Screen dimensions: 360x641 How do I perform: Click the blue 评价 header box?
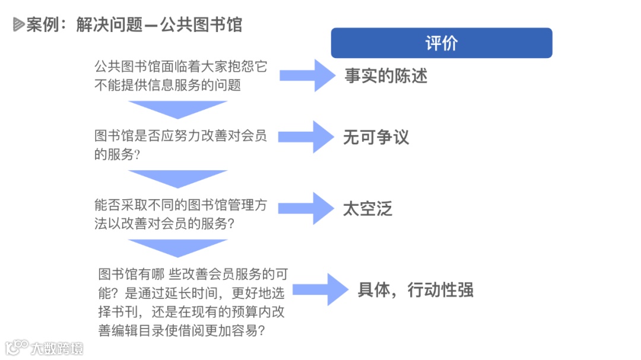(x=441, y=43)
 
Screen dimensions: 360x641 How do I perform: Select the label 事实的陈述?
(x=386, y=76)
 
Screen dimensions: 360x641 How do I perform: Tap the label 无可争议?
(x=376, y=138)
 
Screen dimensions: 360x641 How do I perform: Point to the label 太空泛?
(x=367, y=209)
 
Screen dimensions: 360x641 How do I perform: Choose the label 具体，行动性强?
(x=415, y=290)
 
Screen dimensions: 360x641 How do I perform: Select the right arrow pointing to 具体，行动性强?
(x=320, y=289)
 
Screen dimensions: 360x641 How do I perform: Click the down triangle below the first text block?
(x=178, y=109)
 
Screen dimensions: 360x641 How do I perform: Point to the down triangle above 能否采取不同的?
(x=178, y=178)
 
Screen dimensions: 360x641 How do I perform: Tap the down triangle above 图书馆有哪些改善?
(x=178, y=247)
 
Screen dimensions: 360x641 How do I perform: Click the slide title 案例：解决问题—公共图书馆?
(x=134, y=25)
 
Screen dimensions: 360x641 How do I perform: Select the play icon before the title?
(x=18, y=25)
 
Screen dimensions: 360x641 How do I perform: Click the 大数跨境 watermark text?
(x=58, y=348)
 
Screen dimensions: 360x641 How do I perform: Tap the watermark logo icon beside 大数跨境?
(x=17, y=347)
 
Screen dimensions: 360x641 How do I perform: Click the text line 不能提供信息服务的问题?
(x=167, y=85)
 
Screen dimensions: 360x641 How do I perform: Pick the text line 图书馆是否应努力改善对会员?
(x=180, y=136)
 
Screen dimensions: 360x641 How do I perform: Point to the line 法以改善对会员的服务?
(x=163, y=224)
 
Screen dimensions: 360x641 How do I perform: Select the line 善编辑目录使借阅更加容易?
(x=182, y=330)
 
